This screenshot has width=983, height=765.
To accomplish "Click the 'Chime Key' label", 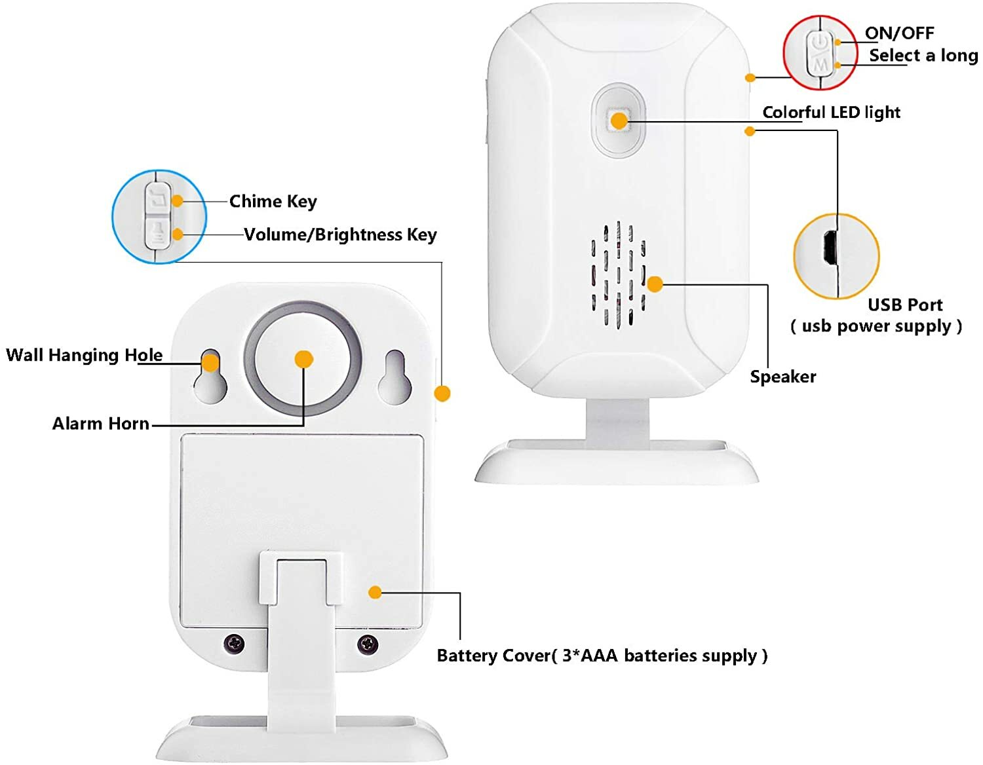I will [273, 201].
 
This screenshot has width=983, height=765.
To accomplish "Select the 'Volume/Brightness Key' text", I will [340, 234].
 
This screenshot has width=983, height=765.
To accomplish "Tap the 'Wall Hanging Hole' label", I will [84, 355].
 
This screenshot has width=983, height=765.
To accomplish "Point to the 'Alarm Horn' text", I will [101, 424].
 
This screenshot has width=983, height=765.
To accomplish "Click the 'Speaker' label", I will [782, 377].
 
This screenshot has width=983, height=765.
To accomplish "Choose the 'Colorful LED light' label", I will [831, 112].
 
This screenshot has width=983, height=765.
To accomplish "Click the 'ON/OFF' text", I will [899, 33].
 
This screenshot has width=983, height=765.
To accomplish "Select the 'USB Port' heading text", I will [904, 305].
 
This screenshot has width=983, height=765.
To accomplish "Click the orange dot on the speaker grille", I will [655, 284].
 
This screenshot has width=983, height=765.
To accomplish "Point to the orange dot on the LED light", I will [619, 121].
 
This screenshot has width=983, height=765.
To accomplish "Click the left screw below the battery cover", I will [234, 643].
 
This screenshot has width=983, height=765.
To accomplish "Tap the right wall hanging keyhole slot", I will [395, 377].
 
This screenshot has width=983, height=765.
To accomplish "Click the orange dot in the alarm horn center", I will [303, 359].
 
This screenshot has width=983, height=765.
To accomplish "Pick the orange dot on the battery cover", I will [375, 592].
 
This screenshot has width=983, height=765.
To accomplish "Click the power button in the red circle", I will [819, 43].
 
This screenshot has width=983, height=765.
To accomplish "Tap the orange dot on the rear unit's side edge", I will [442, 393].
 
